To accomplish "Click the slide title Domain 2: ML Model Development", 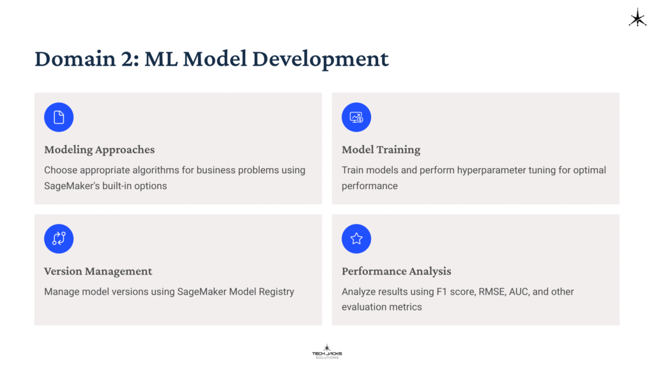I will pos(211,59).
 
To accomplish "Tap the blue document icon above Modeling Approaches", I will pos(59,118).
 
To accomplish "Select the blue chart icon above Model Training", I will pos(356,118).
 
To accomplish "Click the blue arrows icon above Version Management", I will pos(59,239).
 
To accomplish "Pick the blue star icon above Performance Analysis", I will pos(356,239).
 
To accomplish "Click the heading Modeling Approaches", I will pos(99,150).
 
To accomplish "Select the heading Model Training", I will pos(381,150).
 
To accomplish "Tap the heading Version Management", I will pos(98,272).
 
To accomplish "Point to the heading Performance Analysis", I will pos(396,272).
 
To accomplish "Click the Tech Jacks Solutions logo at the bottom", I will pos(326,351).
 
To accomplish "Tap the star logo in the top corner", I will pos(637,18).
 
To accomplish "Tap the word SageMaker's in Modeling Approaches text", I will pos(70,186).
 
